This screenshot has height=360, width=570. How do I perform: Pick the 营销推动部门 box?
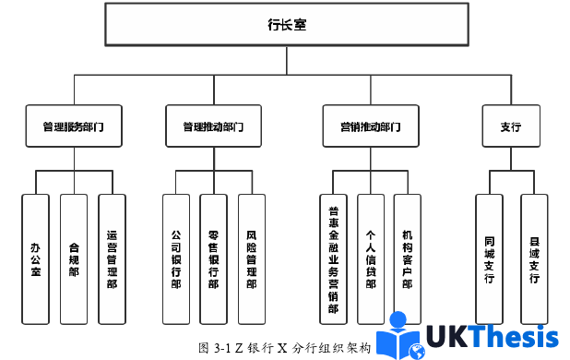coord(365,127)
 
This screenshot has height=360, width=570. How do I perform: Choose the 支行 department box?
coord(510,127)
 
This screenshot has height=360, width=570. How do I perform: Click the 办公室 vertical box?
coord(35,258)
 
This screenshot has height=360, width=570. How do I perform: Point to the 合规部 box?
coord(74,258)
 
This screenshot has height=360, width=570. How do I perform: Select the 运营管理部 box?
coord(112,258)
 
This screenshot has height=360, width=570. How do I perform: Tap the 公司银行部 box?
coord(176,258)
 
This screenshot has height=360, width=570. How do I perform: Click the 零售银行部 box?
coord(213,258)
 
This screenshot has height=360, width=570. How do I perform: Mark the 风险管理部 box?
coord(252,258)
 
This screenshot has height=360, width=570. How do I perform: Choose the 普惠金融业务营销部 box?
coord(333,258)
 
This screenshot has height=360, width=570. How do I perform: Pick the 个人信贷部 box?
coord(371,258)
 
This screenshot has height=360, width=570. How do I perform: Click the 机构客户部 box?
coord(408,258)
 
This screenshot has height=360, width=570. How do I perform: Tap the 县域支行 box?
coord(535,258)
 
